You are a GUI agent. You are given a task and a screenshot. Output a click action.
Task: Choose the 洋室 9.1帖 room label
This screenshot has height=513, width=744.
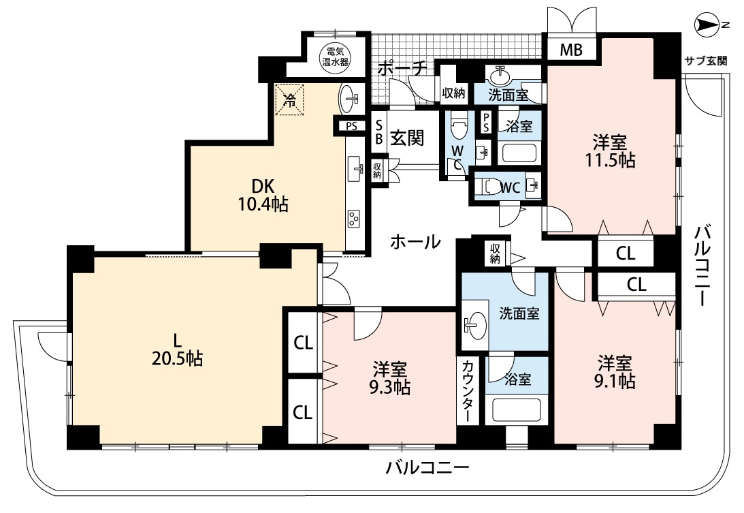617,371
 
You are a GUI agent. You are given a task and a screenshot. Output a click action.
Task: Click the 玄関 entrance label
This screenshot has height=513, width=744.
408,138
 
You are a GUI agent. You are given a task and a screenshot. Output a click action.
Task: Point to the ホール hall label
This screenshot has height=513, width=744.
415,242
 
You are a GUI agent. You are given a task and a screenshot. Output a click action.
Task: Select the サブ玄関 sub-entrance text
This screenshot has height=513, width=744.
705,61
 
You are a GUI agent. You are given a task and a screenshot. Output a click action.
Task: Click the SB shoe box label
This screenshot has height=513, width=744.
378,131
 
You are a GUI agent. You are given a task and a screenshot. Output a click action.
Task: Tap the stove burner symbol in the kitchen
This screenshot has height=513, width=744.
355,218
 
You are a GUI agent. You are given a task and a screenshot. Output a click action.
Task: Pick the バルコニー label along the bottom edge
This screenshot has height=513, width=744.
427,469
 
